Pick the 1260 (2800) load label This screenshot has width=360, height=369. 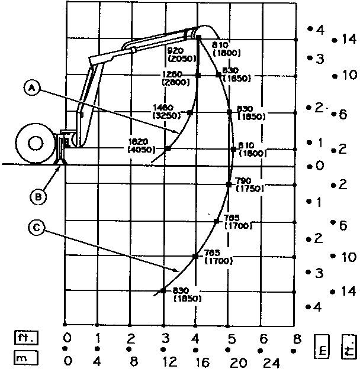tap(173, 79)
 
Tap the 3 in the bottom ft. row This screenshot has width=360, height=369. tap(164, 339)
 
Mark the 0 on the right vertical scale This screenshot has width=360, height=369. tap(320, 166)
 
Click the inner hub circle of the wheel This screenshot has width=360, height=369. tap(35, 144)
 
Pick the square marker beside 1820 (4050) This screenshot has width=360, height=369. tap(168, 148)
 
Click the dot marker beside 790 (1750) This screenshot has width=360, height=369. tap(229, 185)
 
